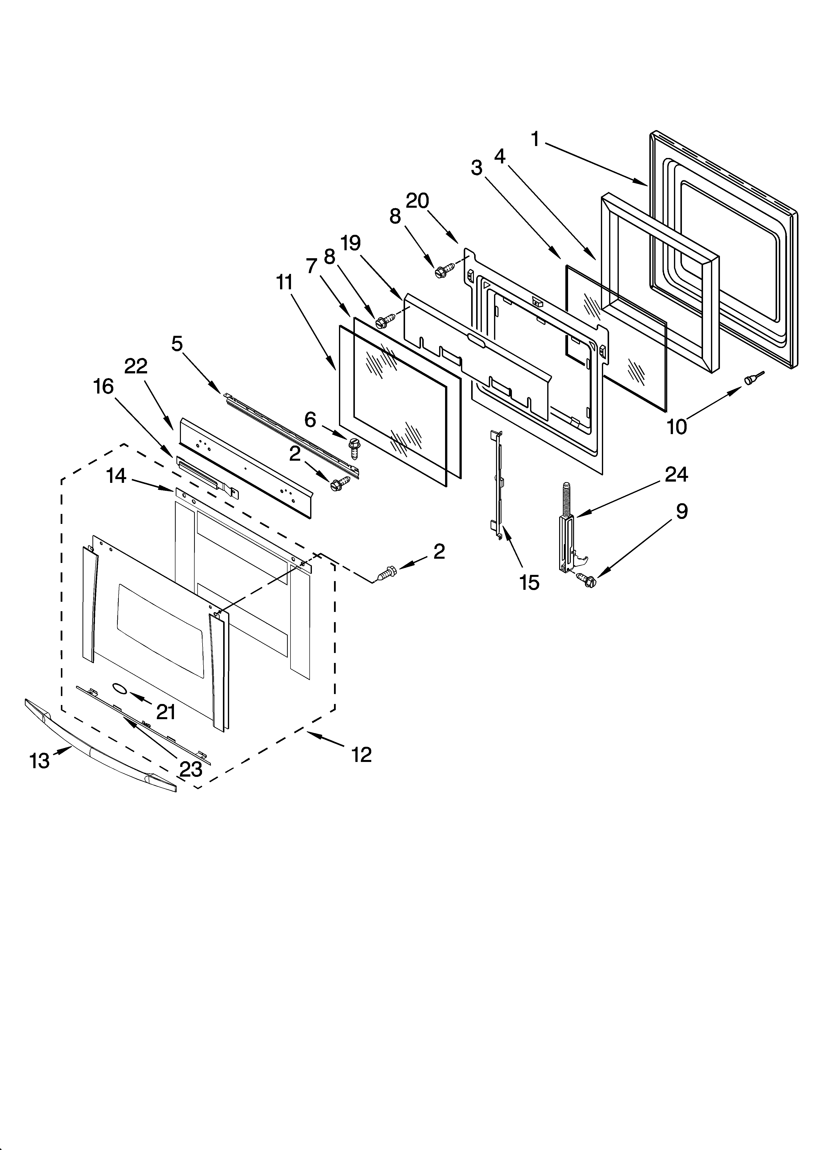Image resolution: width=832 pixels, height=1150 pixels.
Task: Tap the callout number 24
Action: click(676, 474)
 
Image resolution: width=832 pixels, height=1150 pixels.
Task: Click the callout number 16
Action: click(103, 386)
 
